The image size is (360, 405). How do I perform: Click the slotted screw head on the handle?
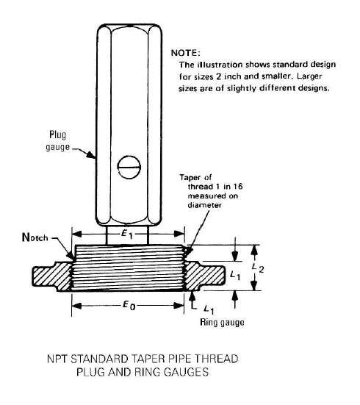pyautogui.click(x=129, y=167)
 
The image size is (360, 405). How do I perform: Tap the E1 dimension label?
pyautogui.click(x=127, y=234)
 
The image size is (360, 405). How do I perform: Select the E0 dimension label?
pyautogui.click(x=129, y=306)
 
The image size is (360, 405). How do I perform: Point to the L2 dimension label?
pyautogui.click(x=257, y=268)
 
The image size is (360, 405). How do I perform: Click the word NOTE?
pyautogui.click(x=185, y=53)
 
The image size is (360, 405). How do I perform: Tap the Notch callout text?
pyautogui.click(x=35, y=237)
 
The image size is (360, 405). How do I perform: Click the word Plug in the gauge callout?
pyautogui.click(x=57, y=135)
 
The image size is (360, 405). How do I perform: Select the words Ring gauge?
pyautogui.click(x=222, y=323)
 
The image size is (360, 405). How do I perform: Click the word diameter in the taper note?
pyautogui.click(x=204, y=205)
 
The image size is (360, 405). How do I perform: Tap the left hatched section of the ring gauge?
pyautogui.click(x=52, y=276)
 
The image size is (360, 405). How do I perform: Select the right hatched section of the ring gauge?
pyautogui.click(x=204, y=276)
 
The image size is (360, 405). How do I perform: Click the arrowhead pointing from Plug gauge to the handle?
pyautogui.click(x=90, y=154)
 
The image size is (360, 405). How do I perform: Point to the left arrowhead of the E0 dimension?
pyautogui.click(x=76, y=306)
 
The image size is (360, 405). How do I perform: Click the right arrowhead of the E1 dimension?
pyautogui.click(x=179, y=234)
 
